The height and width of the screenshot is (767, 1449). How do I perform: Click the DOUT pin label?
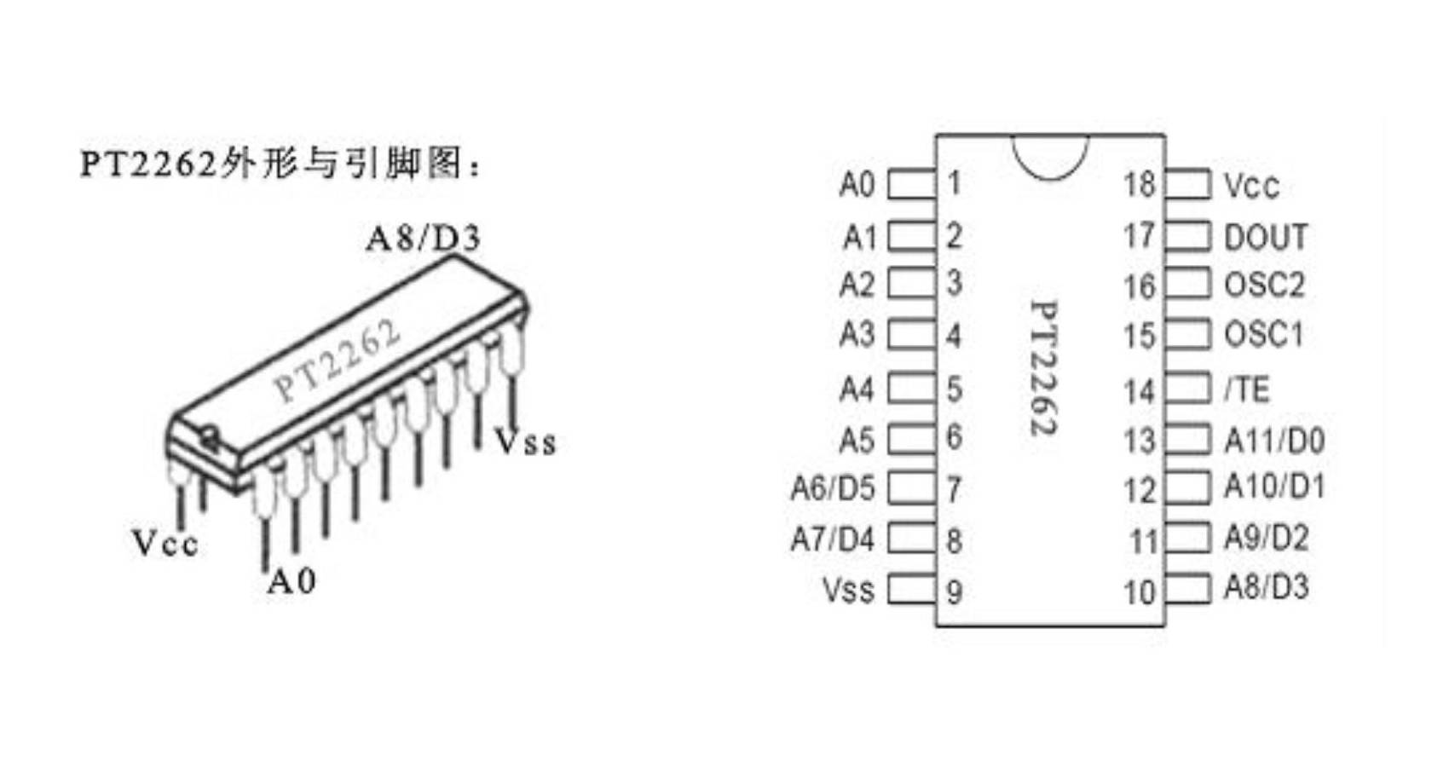1265,237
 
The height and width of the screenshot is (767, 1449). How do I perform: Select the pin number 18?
1139,184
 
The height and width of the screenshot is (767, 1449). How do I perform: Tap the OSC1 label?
1263,335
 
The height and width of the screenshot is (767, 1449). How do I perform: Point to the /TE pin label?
1246,390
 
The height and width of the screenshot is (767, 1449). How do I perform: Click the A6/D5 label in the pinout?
832,488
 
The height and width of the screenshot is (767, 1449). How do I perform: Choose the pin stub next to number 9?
910,590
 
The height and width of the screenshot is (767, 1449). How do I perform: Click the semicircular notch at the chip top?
1049,156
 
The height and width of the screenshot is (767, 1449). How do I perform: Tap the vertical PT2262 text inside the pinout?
1045,368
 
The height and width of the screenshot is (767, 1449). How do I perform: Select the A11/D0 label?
1273,441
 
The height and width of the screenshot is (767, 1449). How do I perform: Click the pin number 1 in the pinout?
954,183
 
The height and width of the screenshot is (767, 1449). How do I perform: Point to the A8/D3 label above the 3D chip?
423,239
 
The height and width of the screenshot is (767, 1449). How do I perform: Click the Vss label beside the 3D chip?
526,442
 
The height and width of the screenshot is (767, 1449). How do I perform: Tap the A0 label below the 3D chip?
292,582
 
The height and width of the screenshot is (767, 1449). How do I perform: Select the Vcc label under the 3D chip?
165,543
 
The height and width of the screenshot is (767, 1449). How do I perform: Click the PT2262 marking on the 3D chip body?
336,362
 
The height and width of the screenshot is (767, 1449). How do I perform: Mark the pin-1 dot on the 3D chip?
208,440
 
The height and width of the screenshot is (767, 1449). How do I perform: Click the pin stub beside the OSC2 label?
1187,284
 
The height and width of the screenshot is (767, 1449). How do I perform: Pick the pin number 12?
1139,491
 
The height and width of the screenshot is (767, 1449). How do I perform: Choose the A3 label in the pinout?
857,335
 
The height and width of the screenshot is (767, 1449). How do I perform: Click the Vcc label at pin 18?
1250,186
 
